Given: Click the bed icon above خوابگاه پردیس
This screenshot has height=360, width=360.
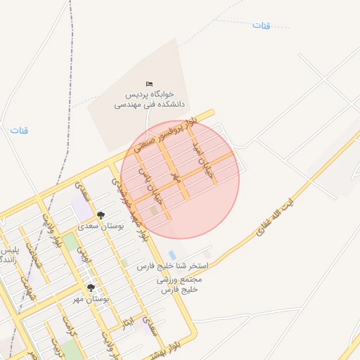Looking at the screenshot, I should tap(149, 84).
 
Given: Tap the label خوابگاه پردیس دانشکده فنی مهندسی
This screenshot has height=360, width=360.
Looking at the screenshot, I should tap(149, 98).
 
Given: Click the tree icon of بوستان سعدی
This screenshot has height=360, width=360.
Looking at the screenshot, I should tap(101, 215).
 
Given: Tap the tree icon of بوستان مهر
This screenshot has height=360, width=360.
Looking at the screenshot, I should tap(91, 288).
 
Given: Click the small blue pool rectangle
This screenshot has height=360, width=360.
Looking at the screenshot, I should tap(172, 255).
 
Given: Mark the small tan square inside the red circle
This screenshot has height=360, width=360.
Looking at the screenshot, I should tap(154, 211).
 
